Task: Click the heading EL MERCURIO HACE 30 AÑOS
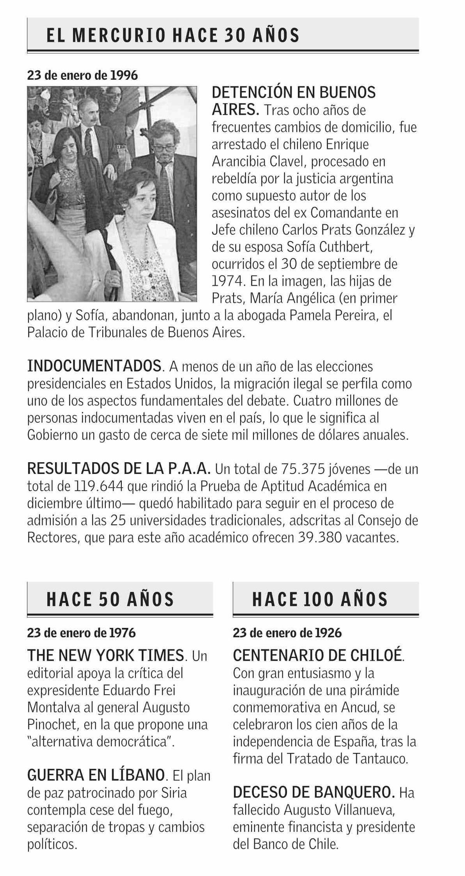click(x=173, y=36)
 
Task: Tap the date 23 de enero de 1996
click(x=82, y=75)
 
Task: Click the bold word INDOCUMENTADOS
click(x=94, y=366)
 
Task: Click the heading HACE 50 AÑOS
click(x=110, y=599)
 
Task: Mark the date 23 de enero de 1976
click(x=81, y=633)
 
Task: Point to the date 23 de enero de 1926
click(x=287, y=633)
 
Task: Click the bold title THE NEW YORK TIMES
click(x=105, y=655)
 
